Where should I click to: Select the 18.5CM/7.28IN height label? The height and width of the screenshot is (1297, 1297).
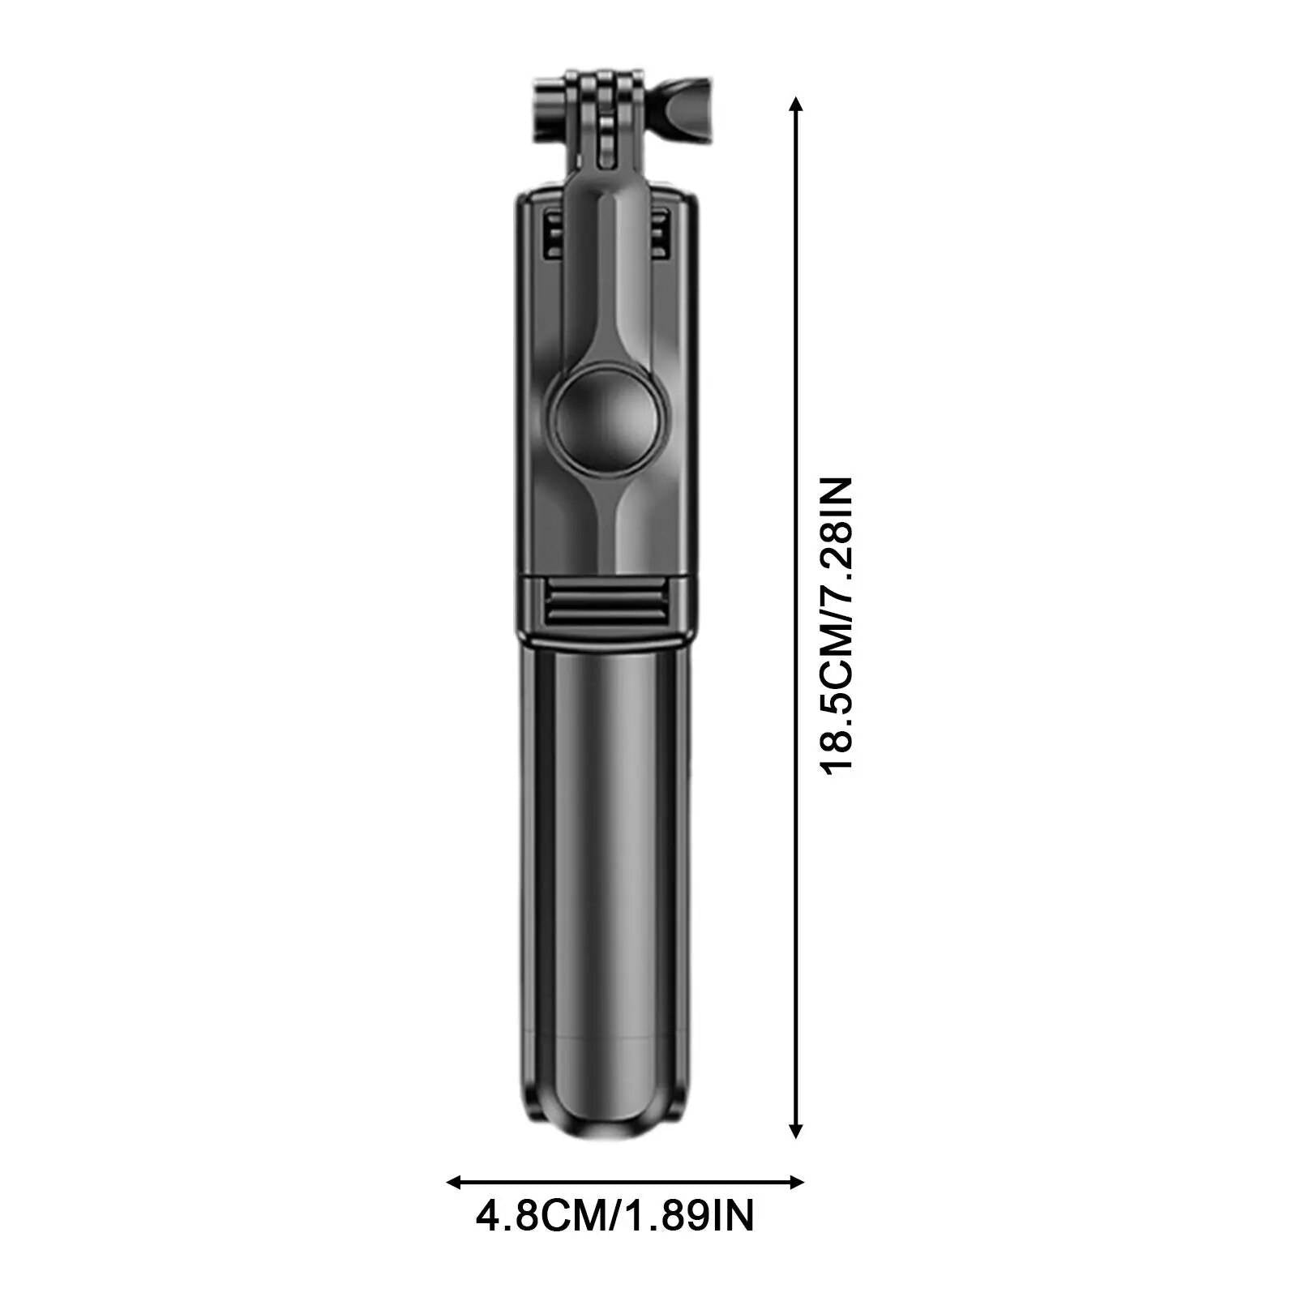(836, 626)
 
